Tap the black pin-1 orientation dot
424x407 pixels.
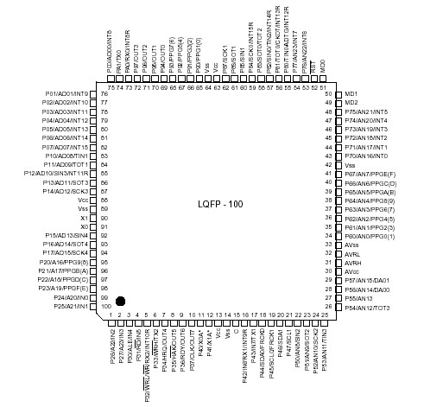click(121, 300)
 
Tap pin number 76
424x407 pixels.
click(106, 93)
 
